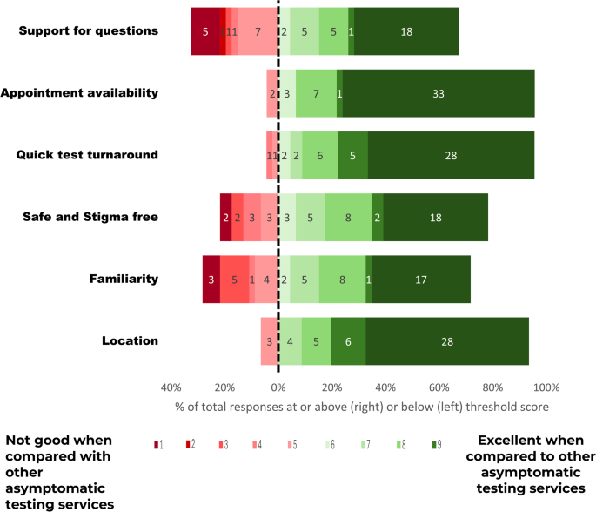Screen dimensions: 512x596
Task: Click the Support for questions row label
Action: click(88, 31)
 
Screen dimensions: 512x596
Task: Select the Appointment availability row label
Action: click(79, 93)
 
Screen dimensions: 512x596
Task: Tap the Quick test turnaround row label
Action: click(87, 155)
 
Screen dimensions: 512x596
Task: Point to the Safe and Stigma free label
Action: click(90, 217)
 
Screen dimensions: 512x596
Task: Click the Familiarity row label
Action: click(124, 279)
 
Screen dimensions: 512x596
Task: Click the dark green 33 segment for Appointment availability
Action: click(439, 93)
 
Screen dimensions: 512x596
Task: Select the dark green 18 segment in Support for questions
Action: click(406, 31)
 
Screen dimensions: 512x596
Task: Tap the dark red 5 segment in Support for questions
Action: click(205, 31)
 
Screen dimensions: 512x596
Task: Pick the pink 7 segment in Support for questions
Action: click(258, 31)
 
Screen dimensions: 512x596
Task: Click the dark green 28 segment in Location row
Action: click(447, 341)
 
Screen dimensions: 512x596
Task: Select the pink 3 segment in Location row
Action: click(269, 341)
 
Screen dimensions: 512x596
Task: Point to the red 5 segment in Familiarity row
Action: click(234, 280)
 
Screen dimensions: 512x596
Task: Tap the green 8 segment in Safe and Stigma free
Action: click(348, 218)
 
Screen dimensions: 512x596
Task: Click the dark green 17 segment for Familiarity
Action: click(421, 280)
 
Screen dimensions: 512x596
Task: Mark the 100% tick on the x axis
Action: click(546, 387)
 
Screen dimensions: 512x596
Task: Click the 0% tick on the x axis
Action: click(278, 387)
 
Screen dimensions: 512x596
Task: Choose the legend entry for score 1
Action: click(157, 445)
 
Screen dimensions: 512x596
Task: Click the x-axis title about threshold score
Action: click(361, 407)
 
